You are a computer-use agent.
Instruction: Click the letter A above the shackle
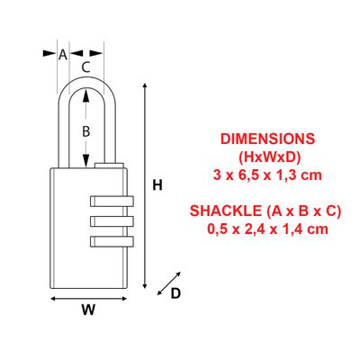[62, 54]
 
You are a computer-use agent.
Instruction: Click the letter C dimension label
[85, 66]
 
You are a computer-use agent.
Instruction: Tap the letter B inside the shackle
[85, 130]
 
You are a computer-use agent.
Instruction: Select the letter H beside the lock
[157, 185]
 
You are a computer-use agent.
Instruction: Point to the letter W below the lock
[87, 310]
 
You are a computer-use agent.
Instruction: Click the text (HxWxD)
[268, 157]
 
